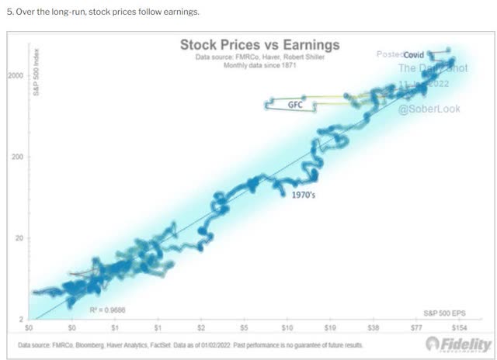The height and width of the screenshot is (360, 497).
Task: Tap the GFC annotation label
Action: [295, 104]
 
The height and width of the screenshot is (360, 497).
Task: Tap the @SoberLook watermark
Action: [429, 109]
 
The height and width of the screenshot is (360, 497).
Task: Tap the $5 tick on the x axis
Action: [244, 328]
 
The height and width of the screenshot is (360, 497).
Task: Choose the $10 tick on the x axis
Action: [287, 328]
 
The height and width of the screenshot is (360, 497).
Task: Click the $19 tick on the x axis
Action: [330, 328]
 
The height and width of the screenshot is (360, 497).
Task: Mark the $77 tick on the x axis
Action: [416, 328]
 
